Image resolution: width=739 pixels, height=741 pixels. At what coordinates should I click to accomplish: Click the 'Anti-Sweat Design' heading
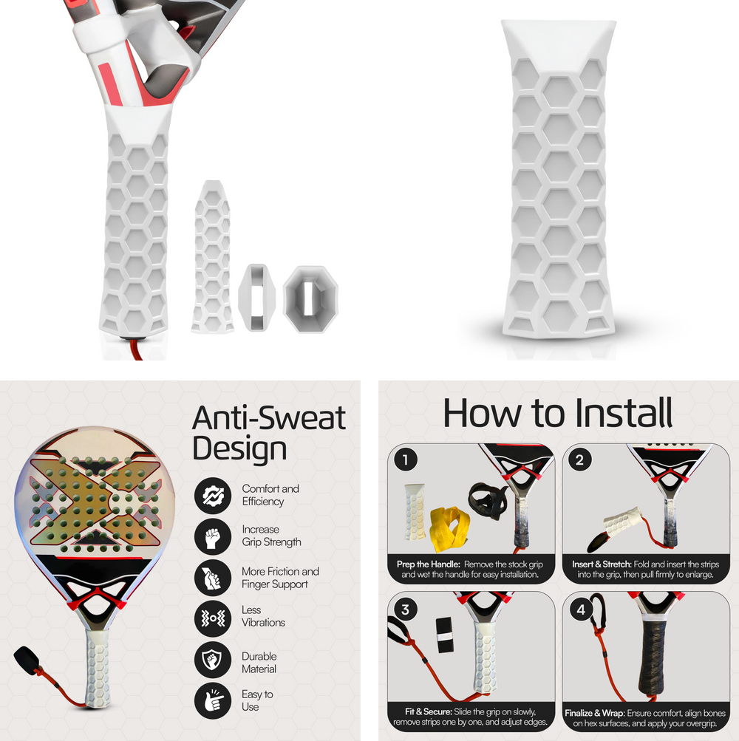[268, 433]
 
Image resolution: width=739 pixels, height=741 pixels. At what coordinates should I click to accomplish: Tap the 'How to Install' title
[557, 412]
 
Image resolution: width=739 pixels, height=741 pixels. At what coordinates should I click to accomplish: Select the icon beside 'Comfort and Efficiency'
[213, 496]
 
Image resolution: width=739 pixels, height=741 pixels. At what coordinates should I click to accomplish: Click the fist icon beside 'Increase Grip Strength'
[213, 537]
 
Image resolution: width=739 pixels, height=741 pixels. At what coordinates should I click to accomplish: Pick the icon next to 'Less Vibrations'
[213, 618]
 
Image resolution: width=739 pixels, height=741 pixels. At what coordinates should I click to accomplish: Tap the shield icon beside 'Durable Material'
[213, 660]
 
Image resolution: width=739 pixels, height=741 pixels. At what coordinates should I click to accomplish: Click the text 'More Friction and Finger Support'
[280, 578]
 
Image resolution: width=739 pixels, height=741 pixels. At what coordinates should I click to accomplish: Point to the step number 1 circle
[405, 460]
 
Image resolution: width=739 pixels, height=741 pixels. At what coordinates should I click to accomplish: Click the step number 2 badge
[579, 460]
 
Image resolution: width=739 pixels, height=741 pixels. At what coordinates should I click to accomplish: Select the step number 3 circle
[405, 609]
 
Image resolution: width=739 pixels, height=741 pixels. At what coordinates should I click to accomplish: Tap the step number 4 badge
[581, 609]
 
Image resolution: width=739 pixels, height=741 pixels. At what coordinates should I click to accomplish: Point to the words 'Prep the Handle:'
[429, 564]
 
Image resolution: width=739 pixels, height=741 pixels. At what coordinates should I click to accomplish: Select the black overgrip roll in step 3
[444, 634]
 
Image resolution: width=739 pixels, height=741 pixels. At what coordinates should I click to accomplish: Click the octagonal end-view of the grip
[310, 299]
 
